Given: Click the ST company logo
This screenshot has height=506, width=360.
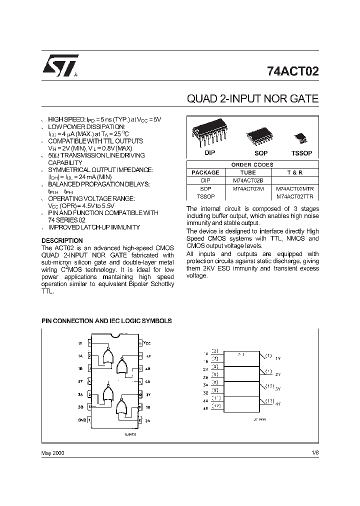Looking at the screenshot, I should pyautogui.click(x=56, y=66).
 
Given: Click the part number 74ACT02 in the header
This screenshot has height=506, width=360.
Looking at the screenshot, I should pyautogui.click(x=292, y=71).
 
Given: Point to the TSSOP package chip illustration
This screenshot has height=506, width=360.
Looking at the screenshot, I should pyautogui.click(x=301, y=137).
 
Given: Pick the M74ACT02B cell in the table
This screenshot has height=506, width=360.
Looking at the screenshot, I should pyautogui.click(x=244, y=180).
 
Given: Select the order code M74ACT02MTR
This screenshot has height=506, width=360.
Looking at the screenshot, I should pyautogui.click(x=294, y=188).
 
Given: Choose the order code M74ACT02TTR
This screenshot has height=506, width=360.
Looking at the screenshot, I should pyautogui.click(x=294, y=196).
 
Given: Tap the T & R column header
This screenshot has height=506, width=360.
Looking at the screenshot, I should pyautogui.click(x=294, y=172).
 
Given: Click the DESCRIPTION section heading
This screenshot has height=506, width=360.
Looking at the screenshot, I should pyautogui.click(x=62, y=240).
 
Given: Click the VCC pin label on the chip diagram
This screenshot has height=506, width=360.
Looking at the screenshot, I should pyautogui.click(x=147, y=343).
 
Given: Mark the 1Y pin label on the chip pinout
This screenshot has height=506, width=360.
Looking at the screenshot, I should pyautogui.click(x=80, y=343).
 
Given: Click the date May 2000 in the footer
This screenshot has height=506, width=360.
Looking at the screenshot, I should pyautogui.click(x=52, y=452).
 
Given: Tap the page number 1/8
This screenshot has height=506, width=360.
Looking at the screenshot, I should pyautogui.click(x=314, y=452).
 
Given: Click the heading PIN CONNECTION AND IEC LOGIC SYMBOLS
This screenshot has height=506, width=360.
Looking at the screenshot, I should pyautogui.click(x=106, y=320).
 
